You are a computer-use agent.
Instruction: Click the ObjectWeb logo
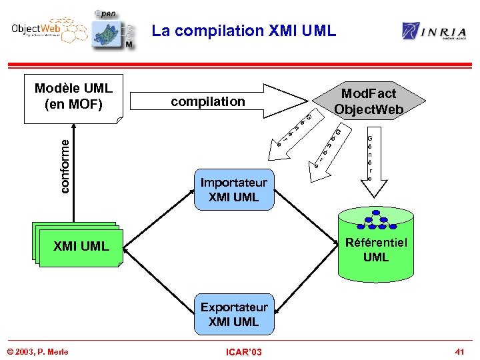tap(43, 31)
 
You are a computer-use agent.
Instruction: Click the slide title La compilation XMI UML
tap(243, 31)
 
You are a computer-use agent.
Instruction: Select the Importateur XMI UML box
tap(233, 190)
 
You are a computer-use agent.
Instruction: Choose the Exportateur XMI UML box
tap(233, 315)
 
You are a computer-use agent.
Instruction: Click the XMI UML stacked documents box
tap(80, 246)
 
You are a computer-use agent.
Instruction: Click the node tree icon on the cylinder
tap(375, 219)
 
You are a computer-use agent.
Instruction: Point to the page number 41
tap(459, 351)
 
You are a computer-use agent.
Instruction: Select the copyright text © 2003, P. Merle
tap(37, 351)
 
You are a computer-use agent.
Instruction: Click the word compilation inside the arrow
tap(208, 101)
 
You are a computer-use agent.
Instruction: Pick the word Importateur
tap(233, 183)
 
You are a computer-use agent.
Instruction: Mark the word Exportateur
tap(233, 307)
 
